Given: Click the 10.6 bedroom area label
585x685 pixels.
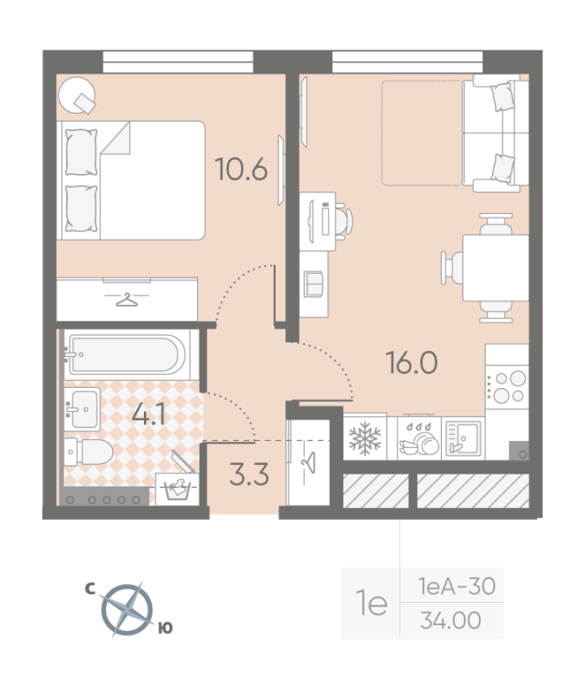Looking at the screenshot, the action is (x=242, y=169).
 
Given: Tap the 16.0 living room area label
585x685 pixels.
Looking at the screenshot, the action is (x=411, y=362).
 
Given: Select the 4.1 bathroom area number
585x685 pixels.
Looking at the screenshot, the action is (x=148, y=414).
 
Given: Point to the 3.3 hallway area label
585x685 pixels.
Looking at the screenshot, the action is (x=249, y=474).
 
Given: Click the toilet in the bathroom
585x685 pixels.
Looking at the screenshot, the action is (x=89, y=452).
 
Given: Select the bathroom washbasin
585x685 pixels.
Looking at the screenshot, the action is (x=82, y=409).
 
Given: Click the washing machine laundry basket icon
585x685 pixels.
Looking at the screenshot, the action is (x=177, y=489).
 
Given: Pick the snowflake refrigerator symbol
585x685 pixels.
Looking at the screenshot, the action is (x=365, y=438).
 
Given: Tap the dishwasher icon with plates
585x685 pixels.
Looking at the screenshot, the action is (x=419, y=438).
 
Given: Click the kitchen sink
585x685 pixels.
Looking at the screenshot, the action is (x=463, y=438).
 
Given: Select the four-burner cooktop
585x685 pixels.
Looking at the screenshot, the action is (x=507, y=386).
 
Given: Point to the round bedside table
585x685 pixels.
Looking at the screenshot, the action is (x=77, y=95).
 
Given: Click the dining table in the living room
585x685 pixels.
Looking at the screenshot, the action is (x=495, y=268).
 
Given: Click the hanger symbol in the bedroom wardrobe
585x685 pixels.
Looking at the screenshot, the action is (x=126, y=300).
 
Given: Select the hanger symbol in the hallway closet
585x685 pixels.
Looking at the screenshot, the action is (x=309, y=463).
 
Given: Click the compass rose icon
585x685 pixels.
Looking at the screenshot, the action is (x=127, y=610).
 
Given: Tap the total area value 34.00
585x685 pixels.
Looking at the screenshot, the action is (x=451, y=620).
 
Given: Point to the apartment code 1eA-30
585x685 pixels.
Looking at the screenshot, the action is (x=457, y=586).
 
